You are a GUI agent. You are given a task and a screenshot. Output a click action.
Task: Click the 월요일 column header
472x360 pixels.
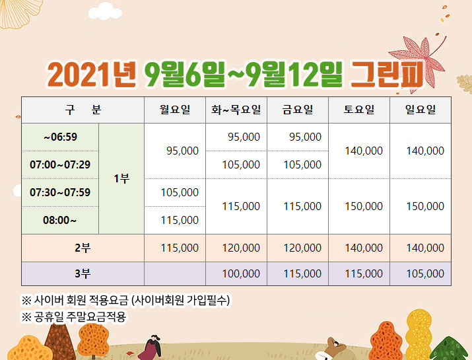[175, 110]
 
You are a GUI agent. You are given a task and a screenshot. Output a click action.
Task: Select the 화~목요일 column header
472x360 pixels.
[236, 110]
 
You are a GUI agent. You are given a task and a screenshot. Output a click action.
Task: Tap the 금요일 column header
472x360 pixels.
[298, 110]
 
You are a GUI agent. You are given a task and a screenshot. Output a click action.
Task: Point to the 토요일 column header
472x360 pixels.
[359, 110]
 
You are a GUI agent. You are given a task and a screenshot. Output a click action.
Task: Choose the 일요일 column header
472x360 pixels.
[421, 110]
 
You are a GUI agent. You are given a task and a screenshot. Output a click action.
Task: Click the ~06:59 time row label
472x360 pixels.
[60, 137]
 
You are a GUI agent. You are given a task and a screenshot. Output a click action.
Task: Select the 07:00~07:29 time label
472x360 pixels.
[60, 164]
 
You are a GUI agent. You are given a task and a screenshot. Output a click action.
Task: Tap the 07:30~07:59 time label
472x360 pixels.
[60, 192]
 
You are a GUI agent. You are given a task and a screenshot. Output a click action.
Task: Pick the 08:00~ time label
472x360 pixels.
[59, 220]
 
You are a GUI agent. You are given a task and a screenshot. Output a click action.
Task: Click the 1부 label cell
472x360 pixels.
[121, 178]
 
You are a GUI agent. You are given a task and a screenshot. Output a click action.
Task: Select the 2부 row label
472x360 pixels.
[83, 248]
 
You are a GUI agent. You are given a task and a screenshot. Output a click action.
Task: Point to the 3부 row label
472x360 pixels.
[83, 274]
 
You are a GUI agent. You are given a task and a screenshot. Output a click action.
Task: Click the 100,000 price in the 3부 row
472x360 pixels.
[241, 274]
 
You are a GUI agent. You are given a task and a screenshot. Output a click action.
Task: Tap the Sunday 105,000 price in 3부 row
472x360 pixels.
[425, 274]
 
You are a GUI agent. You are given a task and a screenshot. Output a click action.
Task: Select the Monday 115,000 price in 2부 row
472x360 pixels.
[180, 248]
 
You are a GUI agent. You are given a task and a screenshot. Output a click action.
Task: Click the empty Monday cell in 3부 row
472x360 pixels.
[175, 274]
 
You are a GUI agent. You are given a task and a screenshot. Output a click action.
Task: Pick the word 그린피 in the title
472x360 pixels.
[388, 75]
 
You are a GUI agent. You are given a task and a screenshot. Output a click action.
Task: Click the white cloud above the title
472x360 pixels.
[105, 11]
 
